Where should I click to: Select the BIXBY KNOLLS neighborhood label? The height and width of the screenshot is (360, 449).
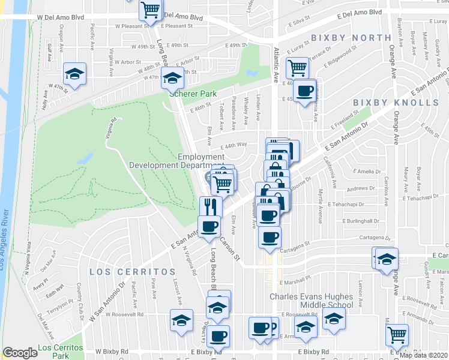[396, 103]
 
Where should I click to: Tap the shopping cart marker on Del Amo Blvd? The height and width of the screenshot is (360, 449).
[150, 10]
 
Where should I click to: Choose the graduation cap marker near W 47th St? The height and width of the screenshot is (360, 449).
[75, 74]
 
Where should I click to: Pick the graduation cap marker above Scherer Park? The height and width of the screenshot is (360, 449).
[172, 78]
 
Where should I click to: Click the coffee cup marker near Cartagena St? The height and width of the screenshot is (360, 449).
[270, 236]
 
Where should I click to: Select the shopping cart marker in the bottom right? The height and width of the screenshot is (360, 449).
[397, 334]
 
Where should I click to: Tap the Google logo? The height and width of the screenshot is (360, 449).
[20, 353]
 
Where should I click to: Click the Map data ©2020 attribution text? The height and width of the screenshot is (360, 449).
[423, 355]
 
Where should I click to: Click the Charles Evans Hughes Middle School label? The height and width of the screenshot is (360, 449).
[311, 301]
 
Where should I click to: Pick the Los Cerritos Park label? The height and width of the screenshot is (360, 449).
[59, 352]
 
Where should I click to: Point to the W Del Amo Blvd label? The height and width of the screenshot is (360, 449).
[60, 17]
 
